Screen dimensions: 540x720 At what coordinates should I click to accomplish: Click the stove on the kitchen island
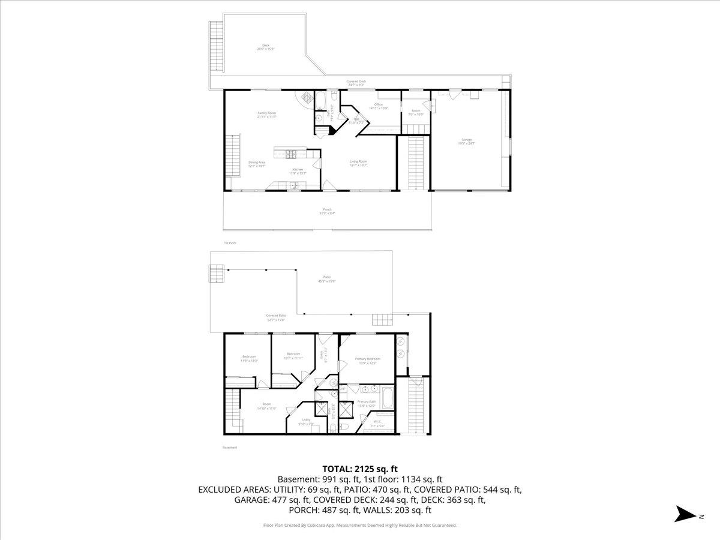291,154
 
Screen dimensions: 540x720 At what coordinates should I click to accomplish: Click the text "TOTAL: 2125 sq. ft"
360,469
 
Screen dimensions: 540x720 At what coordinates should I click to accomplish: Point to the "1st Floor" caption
230,243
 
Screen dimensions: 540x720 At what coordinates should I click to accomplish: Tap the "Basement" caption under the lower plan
230,448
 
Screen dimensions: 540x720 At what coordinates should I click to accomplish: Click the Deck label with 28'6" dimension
266,47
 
